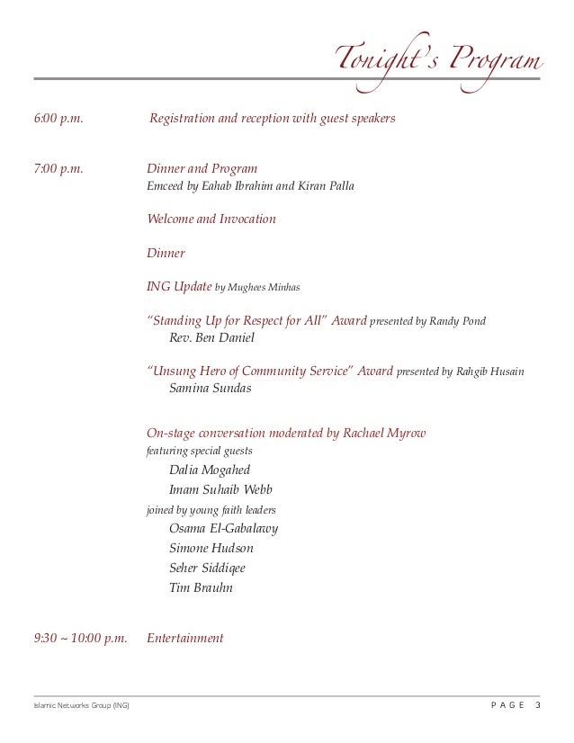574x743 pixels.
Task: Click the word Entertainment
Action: click(x=184, y=638)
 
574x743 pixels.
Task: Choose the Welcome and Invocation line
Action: click(x=211, y=219)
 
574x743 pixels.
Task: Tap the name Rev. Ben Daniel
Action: click(x=211, y=338)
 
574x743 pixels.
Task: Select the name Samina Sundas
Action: click(x=211, y=389)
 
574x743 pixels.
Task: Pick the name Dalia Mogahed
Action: click(x=210, y=470)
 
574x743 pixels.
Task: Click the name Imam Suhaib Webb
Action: click(x=220, y=490)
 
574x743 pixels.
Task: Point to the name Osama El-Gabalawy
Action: click(x=223, y=528)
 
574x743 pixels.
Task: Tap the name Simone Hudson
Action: click(x=211, y=548)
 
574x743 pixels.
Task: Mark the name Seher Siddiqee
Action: click(x=207, y=568)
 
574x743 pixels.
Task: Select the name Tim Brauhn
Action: click(x=201, y=587)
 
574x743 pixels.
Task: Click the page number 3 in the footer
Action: click(x=538, y=704)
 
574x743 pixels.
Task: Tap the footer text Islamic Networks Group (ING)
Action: click(x=81, y=705)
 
